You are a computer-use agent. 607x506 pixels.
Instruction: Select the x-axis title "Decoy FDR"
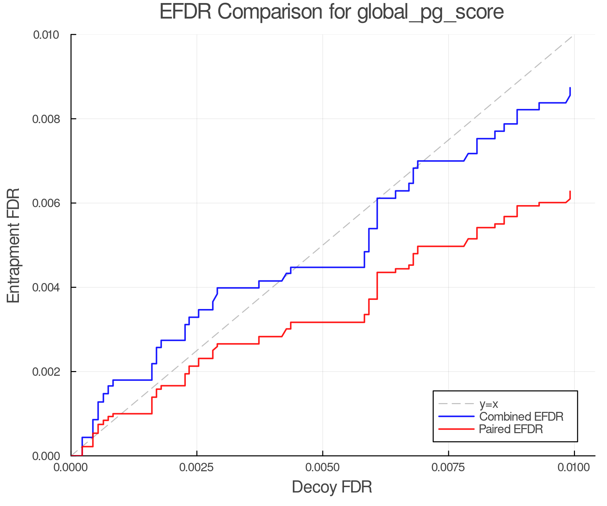332,487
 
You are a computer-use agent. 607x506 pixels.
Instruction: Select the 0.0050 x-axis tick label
322,467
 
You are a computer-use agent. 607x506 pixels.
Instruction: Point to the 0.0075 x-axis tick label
448,467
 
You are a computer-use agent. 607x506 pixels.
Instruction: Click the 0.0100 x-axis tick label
574,467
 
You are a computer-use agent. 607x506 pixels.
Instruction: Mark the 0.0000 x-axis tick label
71,467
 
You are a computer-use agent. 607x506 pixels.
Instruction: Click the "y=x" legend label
489,404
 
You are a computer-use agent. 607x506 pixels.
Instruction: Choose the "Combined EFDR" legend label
521,417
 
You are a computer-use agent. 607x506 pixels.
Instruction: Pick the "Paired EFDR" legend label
511,429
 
